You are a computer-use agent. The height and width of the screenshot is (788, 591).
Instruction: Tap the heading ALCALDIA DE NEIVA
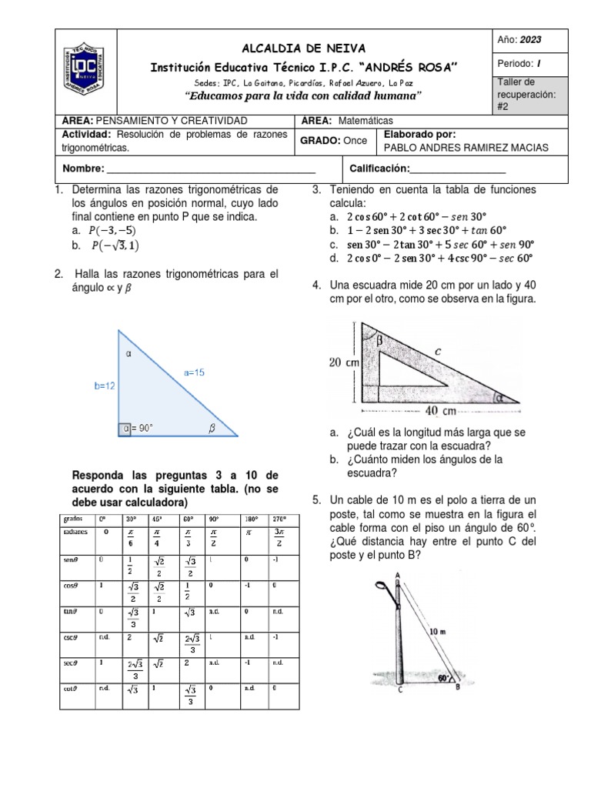click(303, 48)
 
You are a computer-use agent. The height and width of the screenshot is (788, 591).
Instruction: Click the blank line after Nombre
click(212, 169)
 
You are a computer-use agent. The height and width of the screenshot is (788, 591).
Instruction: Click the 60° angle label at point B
click(442, 679)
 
